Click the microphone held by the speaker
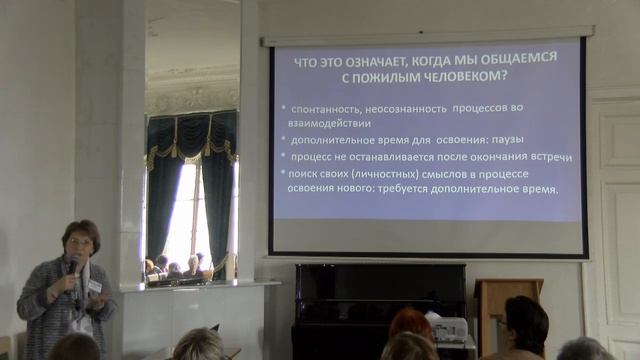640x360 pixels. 72,266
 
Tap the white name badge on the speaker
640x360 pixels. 95,285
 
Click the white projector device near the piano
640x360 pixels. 451,328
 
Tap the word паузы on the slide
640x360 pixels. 508,139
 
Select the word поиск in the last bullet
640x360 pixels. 306,174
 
